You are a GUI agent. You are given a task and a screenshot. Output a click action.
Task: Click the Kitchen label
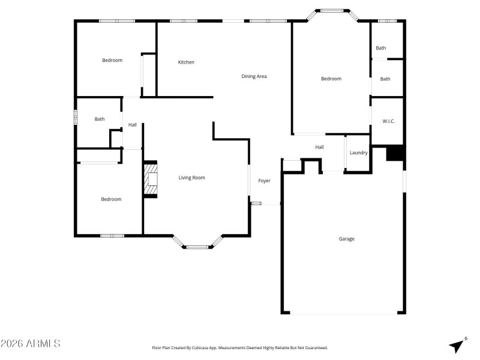(186, 62)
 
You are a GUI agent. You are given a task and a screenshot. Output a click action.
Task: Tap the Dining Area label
(254, 76)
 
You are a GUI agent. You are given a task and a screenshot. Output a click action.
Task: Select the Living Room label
(192, 178)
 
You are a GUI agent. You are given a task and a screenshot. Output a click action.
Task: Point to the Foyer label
(264, 181)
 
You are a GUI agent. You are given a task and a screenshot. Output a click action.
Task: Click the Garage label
(346, 239)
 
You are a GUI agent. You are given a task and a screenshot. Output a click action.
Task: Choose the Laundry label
(358, 153)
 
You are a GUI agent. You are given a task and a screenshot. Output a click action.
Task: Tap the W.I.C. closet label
(388, 121)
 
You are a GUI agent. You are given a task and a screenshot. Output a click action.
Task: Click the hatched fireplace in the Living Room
(151, 180)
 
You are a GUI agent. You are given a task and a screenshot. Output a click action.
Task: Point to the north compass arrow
(458, 346)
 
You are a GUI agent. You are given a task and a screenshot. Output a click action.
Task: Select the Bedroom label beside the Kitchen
(112, 60)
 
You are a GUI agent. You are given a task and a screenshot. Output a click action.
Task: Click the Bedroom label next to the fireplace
(110, 199)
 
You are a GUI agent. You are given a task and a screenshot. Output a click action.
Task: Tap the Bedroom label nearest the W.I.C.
(331, 79)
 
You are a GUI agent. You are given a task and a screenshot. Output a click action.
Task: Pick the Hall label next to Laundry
(320, 147)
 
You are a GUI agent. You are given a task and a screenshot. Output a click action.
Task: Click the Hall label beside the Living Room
(132, 125)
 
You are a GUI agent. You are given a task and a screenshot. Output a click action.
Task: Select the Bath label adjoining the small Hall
(100, 119)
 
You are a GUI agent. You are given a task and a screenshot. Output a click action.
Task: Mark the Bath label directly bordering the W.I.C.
(385, 79)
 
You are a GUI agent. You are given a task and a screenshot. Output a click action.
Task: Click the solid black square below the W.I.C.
(395, 154)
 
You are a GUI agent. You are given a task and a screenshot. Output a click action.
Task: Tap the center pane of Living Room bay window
(197, 247)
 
